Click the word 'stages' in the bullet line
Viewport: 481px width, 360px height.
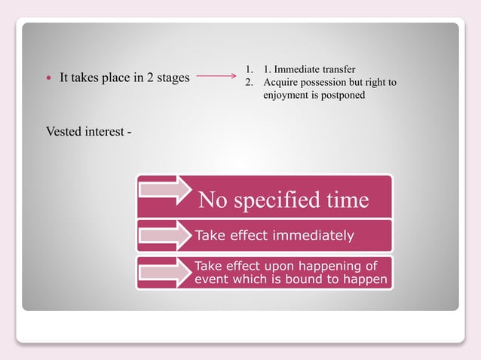(171, 77)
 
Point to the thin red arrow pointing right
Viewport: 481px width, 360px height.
(218, 76)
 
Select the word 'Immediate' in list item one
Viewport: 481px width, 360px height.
(299, 69)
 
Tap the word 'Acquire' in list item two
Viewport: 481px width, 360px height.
(280, 82)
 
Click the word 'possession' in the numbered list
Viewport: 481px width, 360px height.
(324, 82)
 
